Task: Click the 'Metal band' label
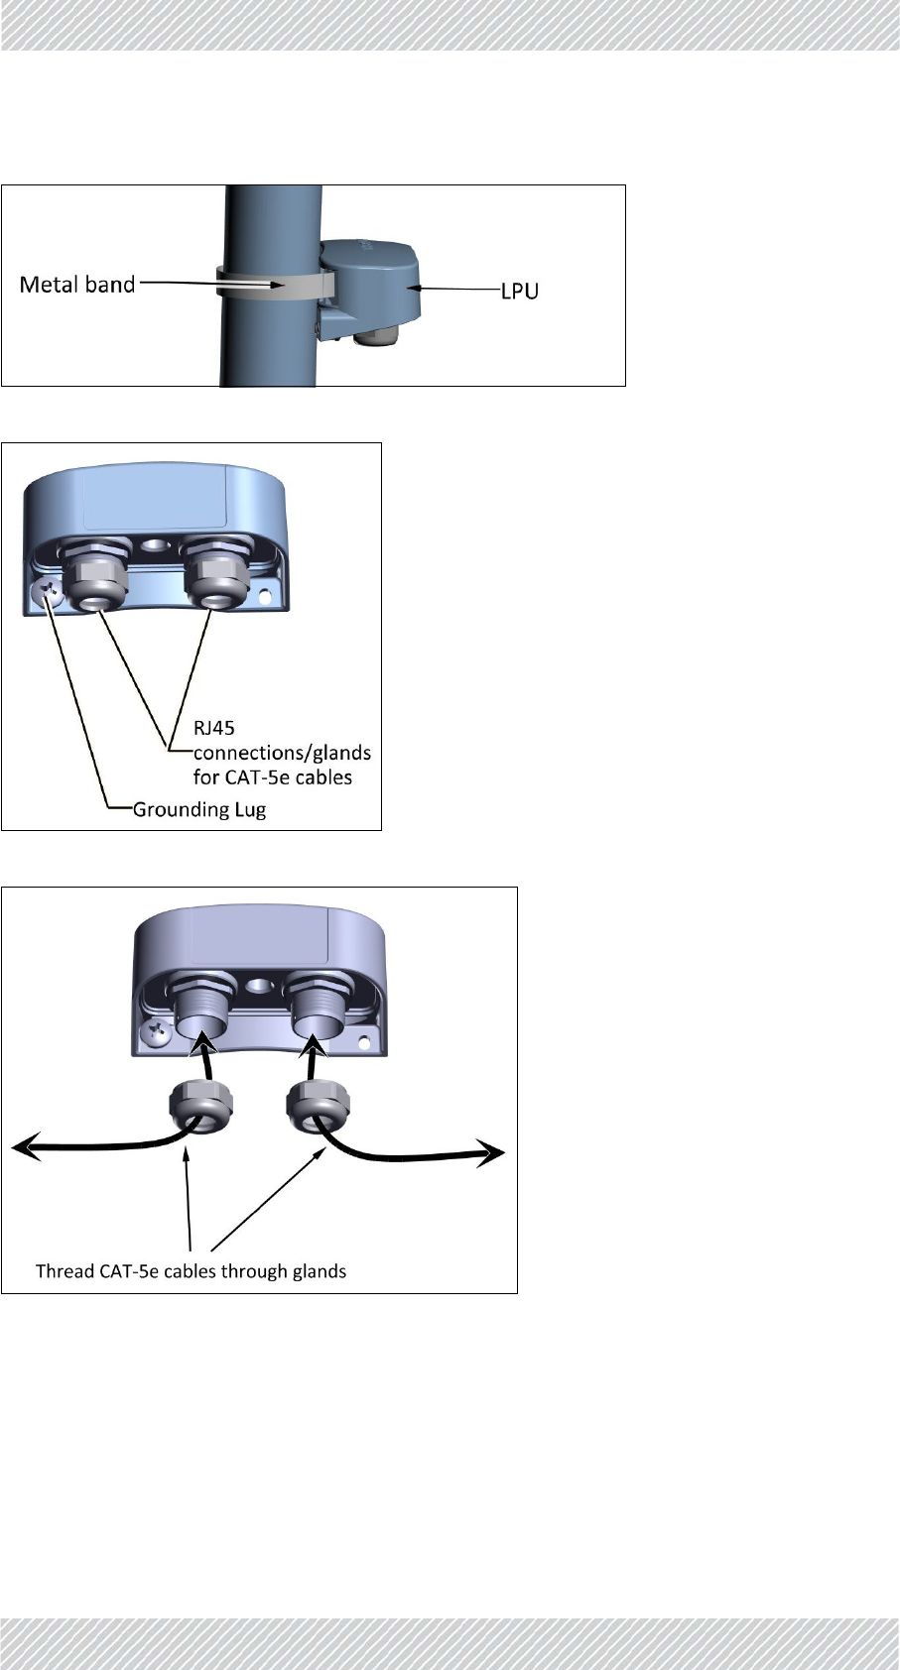(77, 285)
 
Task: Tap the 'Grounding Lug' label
(199, 809)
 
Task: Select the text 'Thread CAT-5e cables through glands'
(191, 1270)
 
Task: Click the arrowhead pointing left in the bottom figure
(24, 1149)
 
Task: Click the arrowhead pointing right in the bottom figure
(492, 1152)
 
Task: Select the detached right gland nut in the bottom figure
(314, 1104)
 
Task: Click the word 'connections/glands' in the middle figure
(282, 753)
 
